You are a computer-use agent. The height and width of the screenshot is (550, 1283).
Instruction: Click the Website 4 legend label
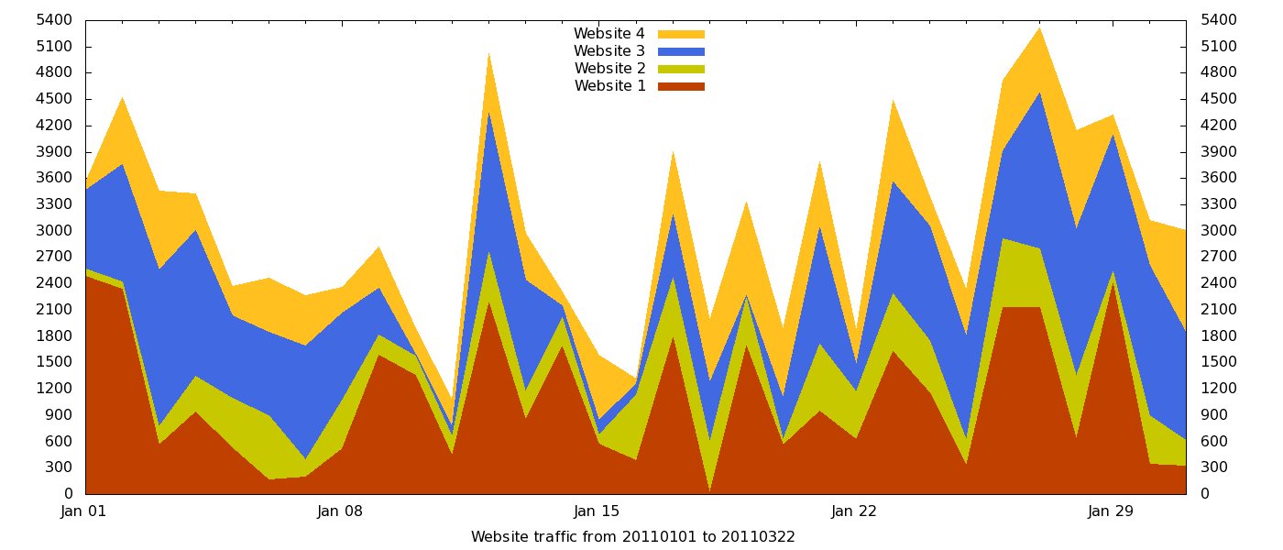pos(609,34)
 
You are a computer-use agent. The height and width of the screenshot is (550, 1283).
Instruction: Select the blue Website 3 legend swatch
pos(681,51)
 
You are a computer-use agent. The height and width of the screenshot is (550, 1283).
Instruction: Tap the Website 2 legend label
pos(609,69)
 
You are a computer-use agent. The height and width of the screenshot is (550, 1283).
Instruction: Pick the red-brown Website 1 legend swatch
pos(681,86)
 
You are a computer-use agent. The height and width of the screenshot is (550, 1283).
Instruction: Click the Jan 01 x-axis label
pos(83,511)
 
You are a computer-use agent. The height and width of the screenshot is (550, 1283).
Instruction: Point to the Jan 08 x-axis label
pos(340,511)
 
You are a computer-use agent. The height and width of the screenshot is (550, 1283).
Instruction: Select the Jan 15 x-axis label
pos(597,511)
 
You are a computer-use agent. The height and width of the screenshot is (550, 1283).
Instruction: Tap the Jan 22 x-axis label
pos(854,511)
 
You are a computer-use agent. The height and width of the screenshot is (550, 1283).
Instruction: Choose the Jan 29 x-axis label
pos(1111,511)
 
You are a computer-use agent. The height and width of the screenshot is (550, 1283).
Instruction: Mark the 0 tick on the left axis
pos(67,494)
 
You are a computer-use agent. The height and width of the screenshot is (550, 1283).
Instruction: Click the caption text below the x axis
pos(632,537)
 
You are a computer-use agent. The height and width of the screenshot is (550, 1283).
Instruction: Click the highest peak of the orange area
pos(1039,27)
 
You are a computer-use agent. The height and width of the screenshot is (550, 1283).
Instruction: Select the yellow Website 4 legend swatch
pos(681,34)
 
